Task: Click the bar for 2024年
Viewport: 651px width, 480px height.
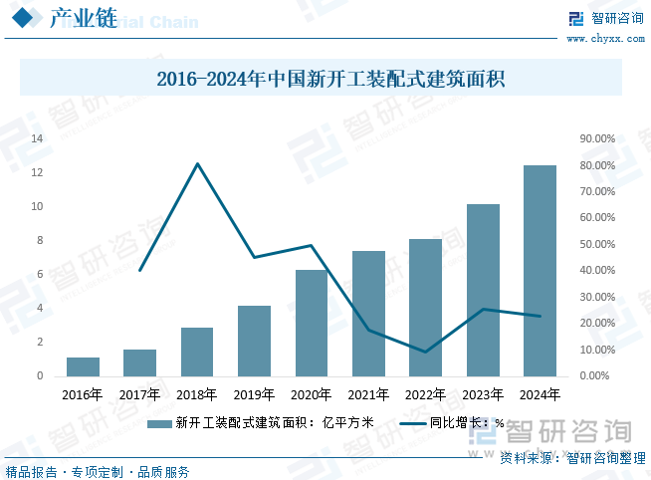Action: pos(540,271)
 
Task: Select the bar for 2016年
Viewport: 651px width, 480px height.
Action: pos(83,366)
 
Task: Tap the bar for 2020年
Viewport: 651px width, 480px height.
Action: pos(311,323)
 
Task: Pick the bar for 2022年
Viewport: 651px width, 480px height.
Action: pos(425,308)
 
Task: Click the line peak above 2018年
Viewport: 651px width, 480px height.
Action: pos(197,163)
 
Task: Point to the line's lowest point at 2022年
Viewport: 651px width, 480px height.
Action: pos(425,352)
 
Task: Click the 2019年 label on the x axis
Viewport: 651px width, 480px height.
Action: pos(254,395)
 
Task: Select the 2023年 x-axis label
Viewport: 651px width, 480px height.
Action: pos(482,395)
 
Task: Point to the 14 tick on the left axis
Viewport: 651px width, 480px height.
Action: pos(37,138)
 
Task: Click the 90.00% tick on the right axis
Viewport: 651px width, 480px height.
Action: pos(597,138)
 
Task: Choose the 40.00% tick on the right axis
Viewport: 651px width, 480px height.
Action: pos(597,271)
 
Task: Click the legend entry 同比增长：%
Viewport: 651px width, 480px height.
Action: pos(453,423)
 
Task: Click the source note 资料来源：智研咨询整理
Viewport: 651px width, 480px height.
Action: pos(571,458)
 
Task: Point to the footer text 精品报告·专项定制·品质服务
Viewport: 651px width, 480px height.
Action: pos(98,471)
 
